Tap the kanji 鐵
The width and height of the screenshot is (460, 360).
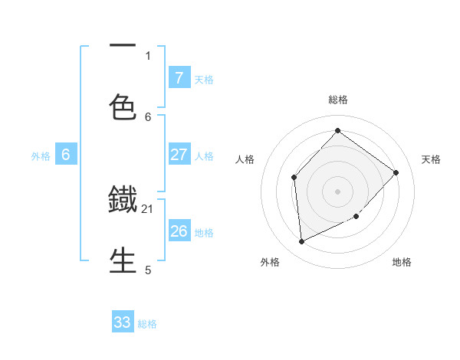pyautogui.click(x=123, y=201)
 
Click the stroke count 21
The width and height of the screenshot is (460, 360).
pyautogui.click(x=148, y=208)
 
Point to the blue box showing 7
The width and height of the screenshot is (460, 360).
pyautogui.click(x=179, y=77)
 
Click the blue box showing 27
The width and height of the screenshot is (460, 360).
pyautogui.click(x=179, y=155)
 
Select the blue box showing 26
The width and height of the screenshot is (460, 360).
pyautogui.click(x=179, y=231)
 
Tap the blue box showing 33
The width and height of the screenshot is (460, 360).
pyautogui.click(x=123, y=322)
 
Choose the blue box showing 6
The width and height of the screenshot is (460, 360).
pyautogui.click(x=66, y=155)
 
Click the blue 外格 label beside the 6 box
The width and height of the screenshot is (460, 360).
pyautogui.click(x=41, y=155)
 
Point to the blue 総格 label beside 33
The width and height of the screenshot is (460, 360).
pyautogui.click(x=147, y=324)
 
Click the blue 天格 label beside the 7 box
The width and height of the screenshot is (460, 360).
pyautogui.click(x=204, y=79)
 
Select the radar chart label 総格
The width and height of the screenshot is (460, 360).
pyautogui.click(x=338, y=100)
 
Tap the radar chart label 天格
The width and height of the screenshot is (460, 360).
pyautogui.click(x=431, y=159)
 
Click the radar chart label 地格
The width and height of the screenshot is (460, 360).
pyautogui.click(x=402, y=263)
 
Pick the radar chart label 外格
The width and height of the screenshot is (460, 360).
pyautogui.click(x=270, y=263)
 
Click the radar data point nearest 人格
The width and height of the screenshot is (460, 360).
pyautogui.click(x=294, y=178)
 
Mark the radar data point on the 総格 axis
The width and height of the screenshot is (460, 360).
pyautogui.click(x=337, y=130)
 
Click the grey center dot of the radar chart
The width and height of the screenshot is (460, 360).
pyautogui.click(x=337, y=191)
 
